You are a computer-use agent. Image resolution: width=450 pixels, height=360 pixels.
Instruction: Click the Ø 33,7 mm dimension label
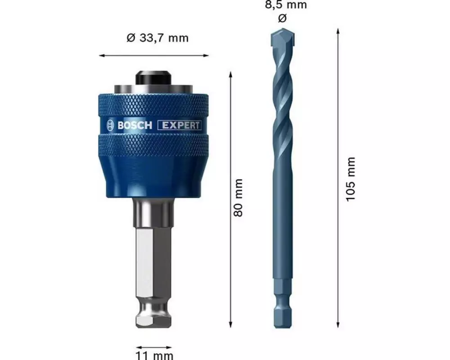click(x=157, y=38)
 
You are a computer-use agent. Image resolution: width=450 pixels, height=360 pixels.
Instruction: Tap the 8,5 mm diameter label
click(x=286, y=4)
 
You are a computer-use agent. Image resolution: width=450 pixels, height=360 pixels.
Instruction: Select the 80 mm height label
click(x=238, y=198)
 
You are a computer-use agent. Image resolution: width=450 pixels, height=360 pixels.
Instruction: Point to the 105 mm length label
click(x=351, y=180)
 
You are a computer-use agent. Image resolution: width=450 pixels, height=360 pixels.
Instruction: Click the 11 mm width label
click(x=154, y=355)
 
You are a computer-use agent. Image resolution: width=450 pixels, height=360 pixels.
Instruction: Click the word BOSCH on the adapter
click(x=135, y=126)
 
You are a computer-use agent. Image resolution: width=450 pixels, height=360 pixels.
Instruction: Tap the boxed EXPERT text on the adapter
click(x=180, y=126)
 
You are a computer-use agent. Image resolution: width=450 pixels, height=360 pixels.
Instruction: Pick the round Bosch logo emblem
click(x=111, y=126)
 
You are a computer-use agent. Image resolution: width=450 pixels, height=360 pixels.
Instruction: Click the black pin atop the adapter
click(x=153, y=78)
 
